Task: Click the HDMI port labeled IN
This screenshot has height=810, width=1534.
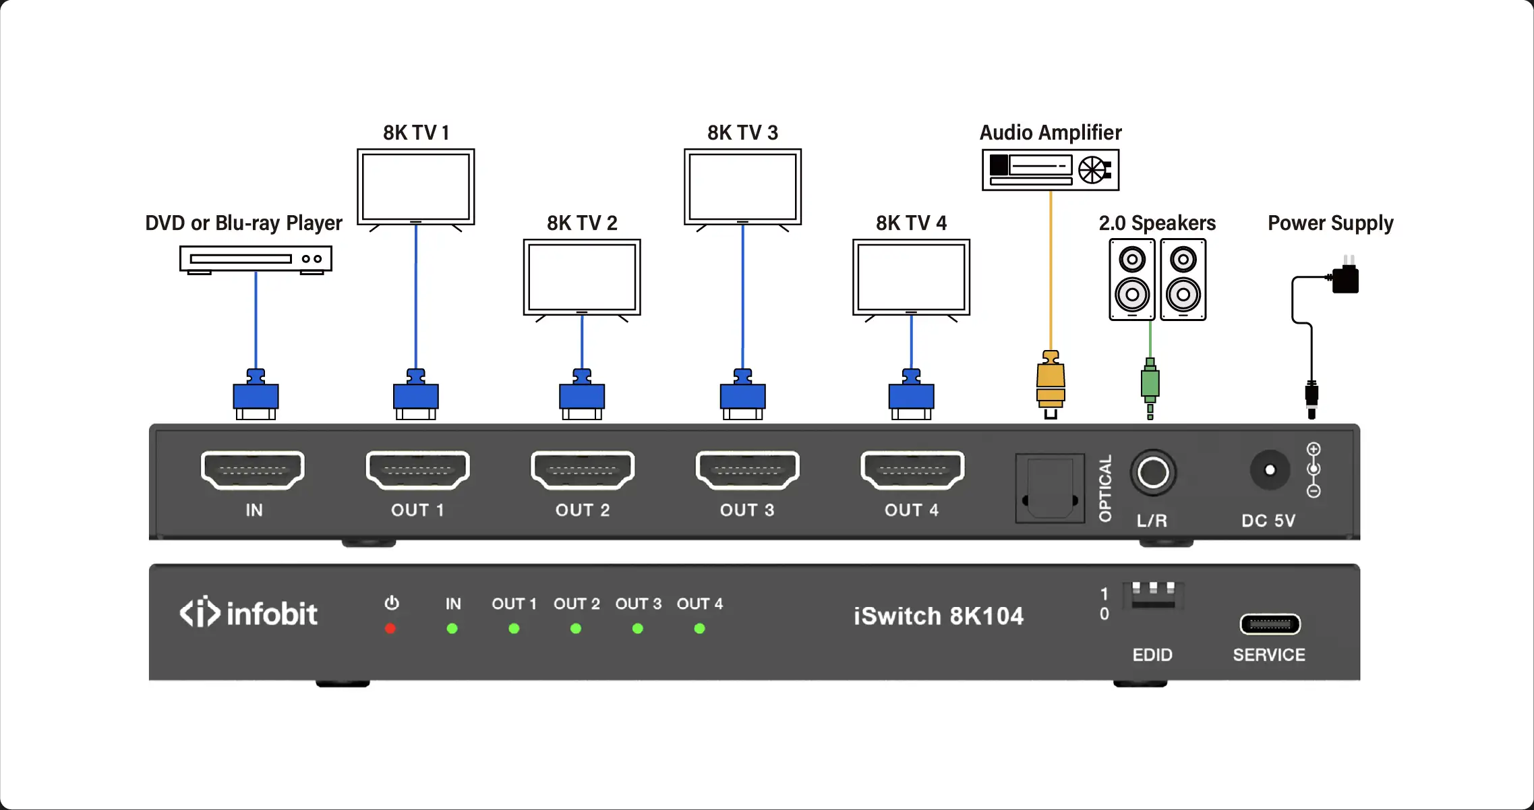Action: (253, 469)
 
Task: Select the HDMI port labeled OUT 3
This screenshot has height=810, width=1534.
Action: (747, 469)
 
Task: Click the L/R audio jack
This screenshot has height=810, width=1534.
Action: (1153, 473)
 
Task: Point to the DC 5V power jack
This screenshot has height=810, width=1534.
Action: (1270, 470)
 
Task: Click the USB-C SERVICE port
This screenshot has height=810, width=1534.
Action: (1270, 625)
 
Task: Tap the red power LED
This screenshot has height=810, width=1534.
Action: (390, 629)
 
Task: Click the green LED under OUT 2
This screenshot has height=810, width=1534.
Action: (576, 629)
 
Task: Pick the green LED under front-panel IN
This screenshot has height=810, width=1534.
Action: (452, 629)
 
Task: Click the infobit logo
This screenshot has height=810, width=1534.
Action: (248, 612)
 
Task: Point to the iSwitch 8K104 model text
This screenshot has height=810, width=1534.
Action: (938, 616)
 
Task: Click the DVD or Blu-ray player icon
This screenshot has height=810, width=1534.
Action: (256, 260)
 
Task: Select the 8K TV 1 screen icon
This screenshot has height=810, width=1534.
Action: (416, 187)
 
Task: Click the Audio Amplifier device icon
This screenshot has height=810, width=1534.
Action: (1051, 170)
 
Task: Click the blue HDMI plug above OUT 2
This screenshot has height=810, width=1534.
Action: (582, 395)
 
